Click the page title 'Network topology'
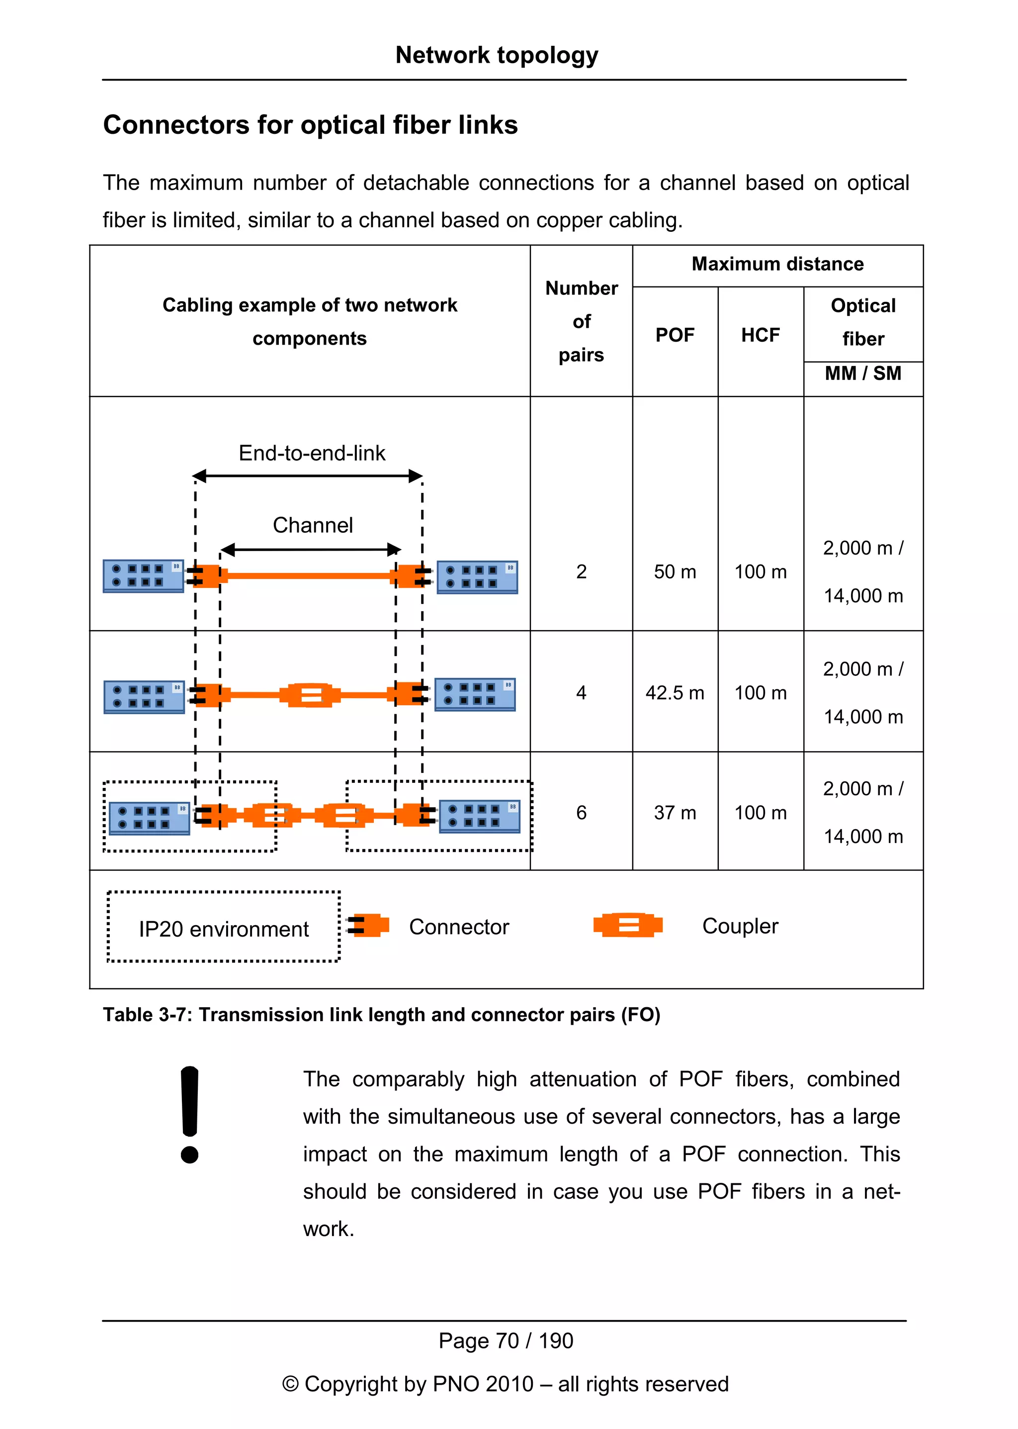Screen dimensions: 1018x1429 tap(497, 55)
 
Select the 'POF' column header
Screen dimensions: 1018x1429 tap(675, 335)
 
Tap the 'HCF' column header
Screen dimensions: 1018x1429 tap(761, 335)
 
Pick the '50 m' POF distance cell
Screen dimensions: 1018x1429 tap(675, 572)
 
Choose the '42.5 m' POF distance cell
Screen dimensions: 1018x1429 tap(675, 692)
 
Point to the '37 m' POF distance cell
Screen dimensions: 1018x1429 tap(675, 812)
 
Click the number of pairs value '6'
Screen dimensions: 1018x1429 tap(581, 812)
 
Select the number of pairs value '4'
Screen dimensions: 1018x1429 tap(581, 692)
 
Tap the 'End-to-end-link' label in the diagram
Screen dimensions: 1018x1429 tap(312, 453)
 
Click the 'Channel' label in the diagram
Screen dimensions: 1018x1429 tap(312, 525)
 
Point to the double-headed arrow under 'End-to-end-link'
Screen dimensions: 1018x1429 tap(307, 476)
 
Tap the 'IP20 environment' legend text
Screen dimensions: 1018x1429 tap(224, 929)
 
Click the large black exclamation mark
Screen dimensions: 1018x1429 tap(189, 1114)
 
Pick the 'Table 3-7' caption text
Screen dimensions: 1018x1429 tap(381, 1014)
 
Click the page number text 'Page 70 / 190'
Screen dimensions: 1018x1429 tap(505, 1340)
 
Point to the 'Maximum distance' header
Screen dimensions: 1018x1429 tap(777, 264)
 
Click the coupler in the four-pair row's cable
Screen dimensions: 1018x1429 tap(310, 695)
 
